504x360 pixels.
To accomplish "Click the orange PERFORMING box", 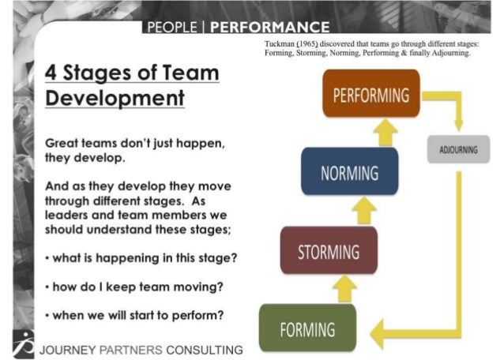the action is tap(370, 96).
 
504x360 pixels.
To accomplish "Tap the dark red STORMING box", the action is tap(329, 252).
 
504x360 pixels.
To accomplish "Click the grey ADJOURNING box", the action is tap(457, 149).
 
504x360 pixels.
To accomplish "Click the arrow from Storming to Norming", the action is tap(364, 211).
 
